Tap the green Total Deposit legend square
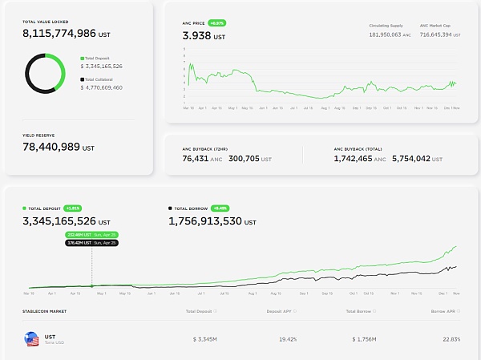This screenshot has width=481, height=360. (82, 59)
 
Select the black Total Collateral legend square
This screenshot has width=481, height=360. (82, 79)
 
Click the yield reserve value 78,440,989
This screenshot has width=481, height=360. (52, 148)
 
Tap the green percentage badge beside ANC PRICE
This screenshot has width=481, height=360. (217, 24)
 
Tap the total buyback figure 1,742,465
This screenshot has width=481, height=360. (354, 160)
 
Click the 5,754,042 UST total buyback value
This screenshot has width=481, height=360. (412, 160)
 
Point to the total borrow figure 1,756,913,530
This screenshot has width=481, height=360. (210, 220)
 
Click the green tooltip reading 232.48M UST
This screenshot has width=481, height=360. (92, 234)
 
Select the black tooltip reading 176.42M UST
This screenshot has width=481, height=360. (92, 242)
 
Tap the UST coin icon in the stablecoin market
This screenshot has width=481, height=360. (31, 340)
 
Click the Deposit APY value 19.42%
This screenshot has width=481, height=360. (287, 339)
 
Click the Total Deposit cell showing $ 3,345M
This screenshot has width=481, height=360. (207, 339)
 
